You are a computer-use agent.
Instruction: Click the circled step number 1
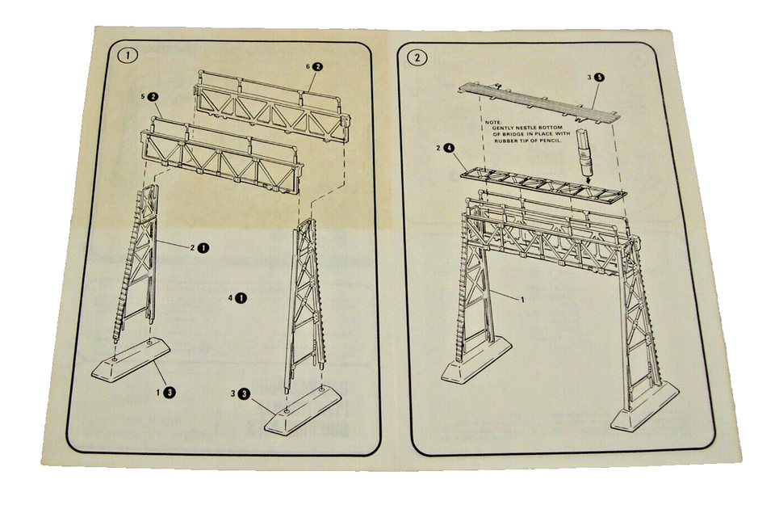(x=128, y=56)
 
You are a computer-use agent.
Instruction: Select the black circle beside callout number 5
(x=153, y=96)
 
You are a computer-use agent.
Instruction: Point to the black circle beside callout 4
(x=241, y=298)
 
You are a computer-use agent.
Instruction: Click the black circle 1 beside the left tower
(x=203, y=247)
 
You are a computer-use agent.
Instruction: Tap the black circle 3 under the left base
(x=170, y=392)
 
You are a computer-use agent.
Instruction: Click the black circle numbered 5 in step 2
(x=600, y=78)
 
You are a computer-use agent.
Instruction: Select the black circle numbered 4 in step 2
(x=449, y=149)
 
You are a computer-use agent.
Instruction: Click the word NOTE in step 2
(x=494, y=125)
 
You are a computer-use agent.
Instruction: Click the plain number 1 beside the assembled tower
(x=523, y=299)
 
